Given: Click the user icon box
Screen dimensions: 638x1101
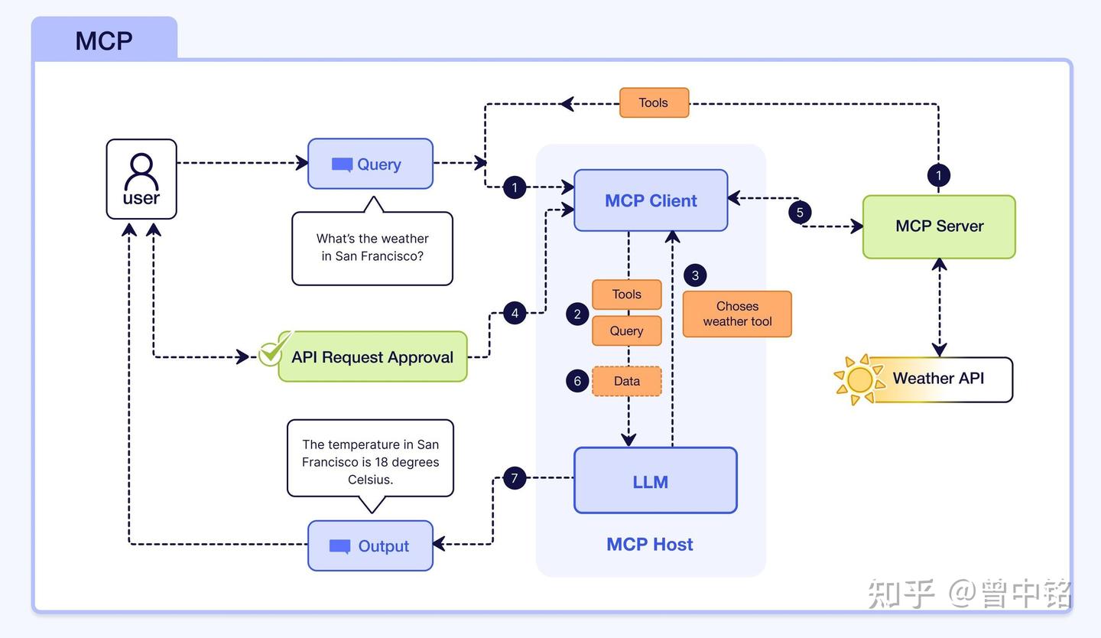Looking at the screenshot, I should click(141, 179).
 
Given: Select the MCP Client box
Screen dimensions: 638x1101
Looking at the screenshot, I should click(651, 200).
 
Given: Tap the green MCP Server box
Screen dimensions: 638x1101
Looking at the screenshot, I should click(939, 226).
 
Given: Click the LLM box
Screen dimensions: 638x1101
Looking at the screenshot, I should click(655, 480).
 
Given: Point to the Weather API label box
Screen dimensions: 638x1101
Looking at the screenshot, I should click(939, 379).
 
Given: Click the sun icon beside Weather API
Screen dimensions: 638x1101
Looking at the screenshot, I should click(859, 379).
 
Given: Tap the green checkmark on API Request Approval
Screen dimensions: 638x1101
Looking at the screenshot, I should click(273, 351).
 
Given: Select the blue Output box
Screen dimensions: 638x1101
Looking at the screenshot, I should click(371, 545).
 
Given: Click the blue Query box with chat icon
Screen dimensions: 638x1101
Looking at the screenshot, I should click(371, 164).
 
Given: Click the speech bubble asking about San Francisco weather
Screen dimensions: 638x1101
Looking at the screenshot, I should click(372, 248).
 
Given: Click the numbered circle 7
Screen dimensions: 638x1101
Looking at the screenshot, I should click(515, 479).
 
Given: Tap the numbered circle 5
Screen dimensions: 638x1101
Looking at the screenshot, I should click(800, 212).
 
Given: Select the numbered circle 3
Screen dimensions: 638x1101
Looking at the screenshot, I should click(695, 275).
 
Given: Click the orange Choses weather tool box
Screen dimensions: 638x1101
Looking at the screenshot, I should click(737, 314).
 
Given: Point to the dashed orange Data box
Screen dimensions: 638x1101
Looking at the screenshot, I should click(627, 381).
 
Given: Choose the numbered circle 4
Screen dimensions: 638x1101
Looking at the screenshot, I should click(515, 313).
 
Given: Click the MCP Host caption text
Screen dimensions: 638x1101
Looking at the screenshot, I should click(650, 545).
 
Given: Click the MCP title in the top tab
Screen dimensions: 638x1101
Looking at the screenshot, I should click(104, 41).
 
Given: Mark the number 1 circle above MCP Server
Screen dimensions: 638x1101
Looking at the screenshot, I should click(939, 175).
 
